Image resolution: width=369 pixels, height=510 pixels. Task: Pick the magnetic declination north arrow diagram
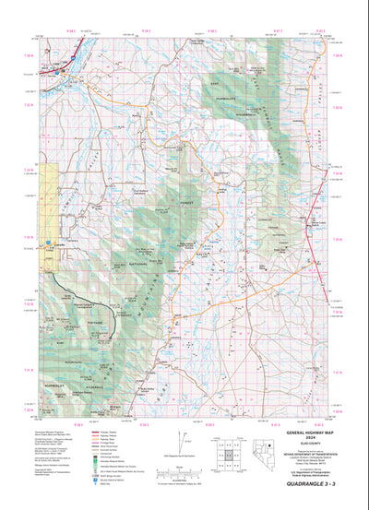tap(184, 436)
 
